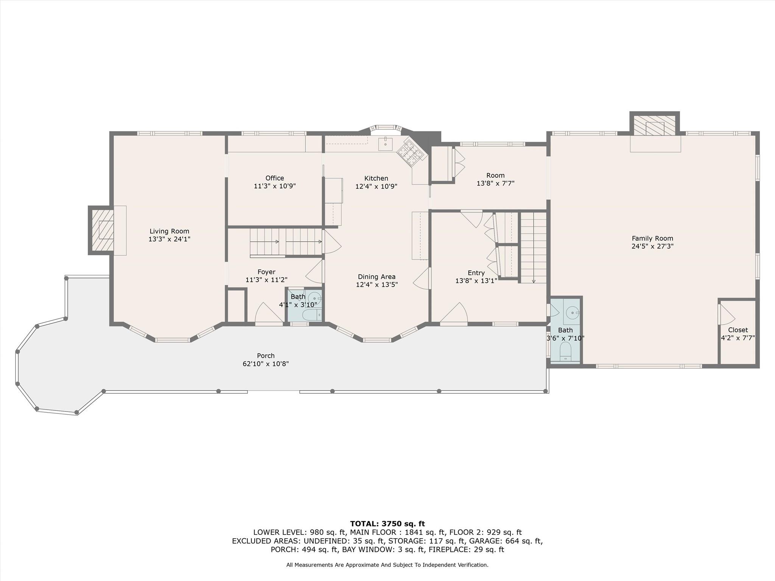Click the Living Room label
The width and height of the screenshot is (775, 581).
[169, 231]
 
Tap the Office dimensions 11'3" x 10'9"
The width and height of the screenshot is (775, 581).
[275, 186]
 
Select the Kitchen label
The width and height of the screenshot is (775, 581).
[376, 178]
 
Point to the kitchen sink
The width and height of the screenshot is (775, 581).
[385, 144]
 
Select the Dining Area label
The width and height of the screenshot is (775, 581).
[377, 277]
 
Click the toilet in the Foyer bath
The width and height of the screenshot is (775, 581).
[312, 315]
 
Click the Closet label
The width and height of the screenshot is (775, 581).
[738, 330]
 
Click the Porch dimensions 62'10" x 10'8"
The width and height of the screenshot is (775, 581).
[266, 364]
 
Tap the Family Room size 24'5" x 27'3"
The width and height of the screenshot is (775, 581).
[652, 246]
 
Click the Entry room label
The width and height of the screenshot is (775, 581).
[476, 273]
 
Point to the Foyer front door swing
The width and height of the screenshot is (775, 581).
[269, 313]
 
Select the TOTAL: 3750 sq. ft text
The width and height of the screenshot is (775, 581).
[387, 524]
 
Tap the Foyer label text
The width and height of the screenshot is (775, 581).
[266, 272]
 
